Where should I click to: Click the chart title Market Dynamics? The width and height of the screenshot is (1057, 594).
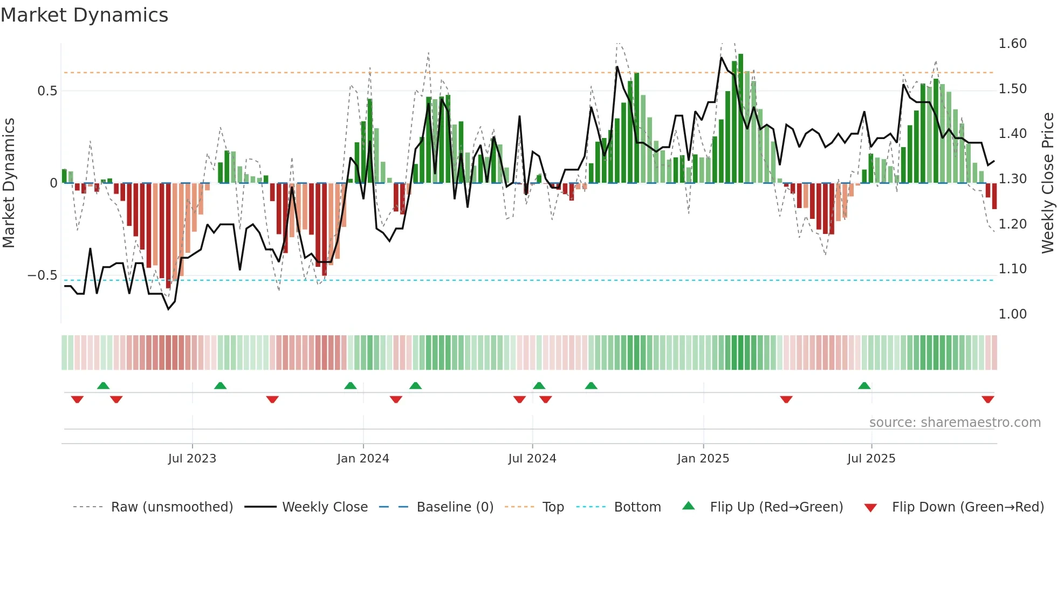84,15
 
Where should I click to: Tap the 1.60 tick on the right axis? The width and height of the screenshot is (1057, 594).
1012,44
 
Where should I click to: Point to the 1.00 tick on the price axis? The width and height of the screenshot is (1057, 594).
1012,314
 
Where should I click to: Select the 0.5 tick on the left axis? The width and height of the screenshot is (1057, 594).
47,91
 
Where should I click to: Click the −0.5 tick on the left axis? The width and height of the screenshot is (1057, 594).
43,275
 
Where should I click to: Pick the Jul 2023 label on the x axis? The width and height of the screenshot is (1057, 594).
192,459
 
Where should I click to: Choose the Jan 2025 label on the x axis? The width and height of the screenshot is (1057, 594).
703,459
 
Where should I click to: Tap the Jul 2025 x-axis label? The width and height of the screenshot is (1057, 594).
871,459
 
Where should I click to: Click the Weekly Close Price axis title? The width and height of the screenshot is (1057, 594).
1047,183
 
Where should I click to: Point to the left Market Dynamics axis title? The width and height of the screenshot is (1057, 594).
9,183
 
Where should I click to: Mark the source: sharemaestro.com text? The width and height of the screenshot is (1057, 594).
955,423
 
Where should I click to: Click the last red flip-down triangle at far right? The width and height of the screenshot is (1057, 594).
987,399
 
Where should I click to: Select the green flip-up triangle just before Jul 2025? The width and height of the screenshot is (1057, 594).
864,385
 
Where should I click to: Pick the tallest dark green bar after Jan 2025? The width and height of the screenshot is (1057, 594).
740,119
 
